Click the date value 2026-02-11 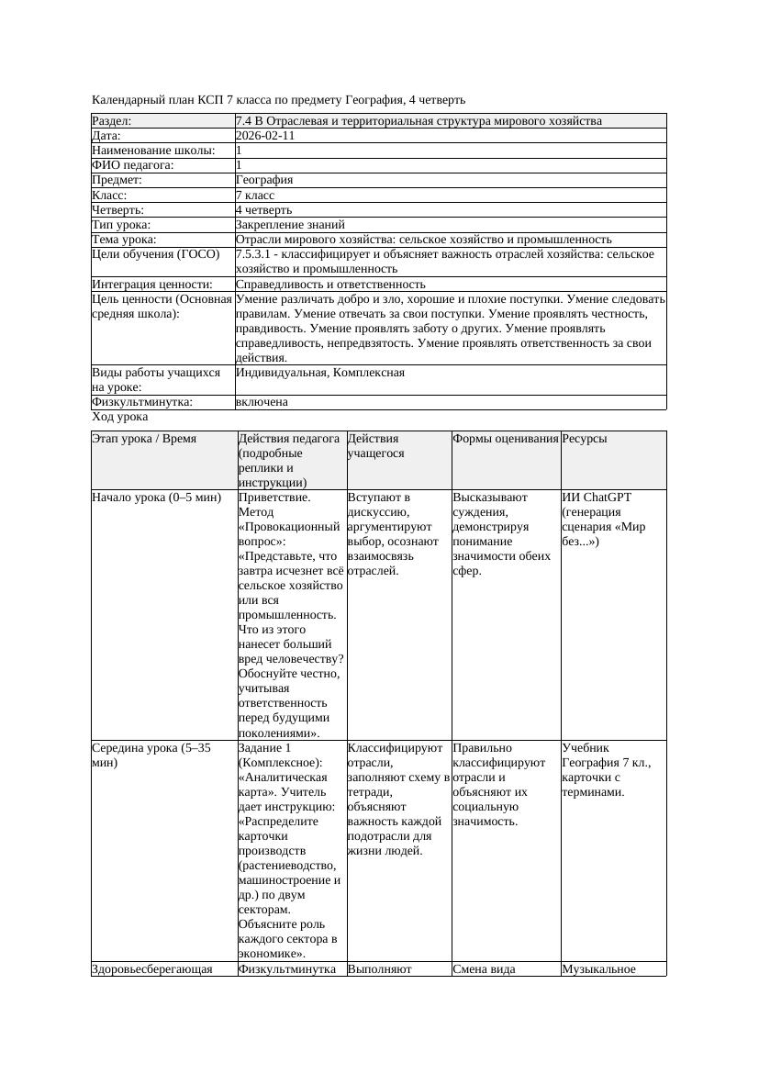coord(265,136)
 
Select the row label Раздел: coord(112,121)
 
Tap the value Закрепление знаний coord(290,225)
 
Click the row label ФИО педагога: coord(133,165)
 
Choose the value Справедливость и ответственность coord(330,285)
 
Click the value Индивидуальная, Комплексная coord(320,374)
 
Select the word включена coord(262,403)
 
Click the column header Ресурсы coord(585,440)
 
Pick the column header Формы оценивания coord(505,440)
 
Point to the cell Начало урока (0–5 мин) coord(156,498)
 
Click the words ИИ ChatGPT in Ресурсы coord(597,498)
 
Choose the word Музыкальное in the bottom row coord(599,969)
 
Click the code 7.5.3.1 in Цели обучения coord(255,254)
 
